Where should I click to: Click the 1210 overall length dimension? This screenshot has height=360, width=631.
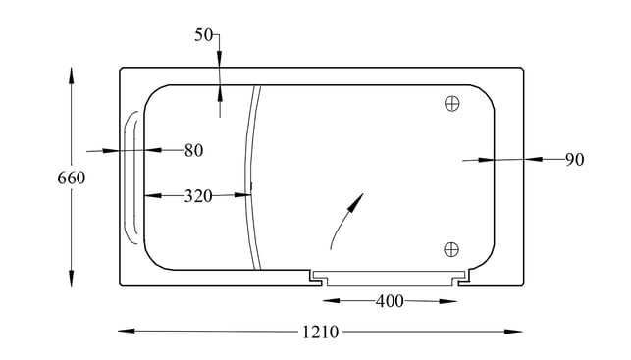click(x=320, y=333)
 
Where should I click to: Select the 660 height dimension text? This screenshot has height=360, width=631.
click(x=72, y=178)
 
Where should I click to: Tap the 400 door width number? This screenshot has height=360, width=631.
click(x=390, y=301)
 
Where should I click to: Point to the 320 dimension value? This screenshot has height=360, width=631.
click(x=198, y=196)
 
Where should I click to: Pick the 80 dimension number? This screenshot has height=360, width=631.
click(x=194, y=150)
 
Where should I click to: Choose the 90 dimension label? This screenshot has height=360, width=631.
click(x=575, y=160)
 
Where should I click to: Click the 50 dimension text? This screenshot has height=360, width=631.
click(x=203, y=35)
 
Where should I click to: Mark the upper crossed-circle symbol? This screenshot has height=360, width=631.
click(x=452, y=103)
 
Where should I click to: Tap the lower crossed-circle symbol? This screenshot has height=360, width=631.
click(x=451, y=249)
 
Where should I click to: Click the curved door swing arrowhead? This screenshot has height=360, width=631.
click(x=356, y=203)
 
